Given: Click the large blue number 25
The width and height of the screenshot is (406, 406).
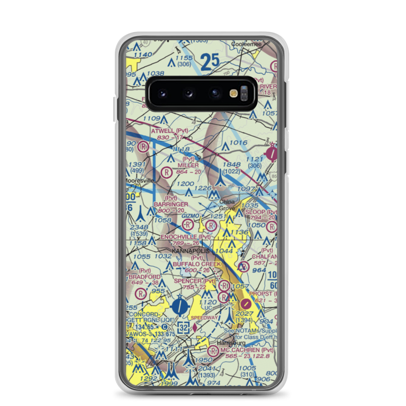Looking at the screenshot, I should (210, 62).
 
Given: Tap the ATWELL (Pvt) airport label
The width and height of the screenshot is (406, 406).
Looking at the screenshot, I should (170, 131).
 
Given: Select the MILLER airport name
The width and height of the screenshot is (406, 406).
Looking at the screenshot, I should (188, 165).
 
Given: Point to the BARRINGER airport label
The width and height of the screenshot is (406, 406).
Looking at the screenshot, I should (171, 204).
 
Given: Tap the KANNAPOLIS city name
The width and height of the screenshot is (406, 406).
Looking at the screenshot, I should (191, 251).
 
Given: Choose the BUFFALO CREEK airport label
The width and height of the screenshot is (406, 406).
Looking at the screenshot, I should (197, 264).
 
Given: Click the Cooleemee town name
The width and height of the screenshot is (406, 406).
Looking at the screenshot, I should (246, 44).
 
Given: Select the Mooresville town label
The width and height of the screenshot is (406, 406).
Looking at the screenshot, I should (139, 180).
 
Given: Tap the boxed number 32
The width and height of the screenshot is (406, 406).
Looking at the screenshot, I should (183, 327).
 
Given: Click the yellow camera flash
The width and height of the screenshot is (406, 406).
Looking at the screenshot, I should (233, 93).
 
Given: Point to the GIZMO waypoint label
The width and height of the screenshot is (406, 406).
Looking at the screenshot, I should (190, 216).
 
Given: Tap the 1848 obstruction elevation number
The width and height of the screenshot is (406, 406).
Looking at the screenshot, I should (231, 164).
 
